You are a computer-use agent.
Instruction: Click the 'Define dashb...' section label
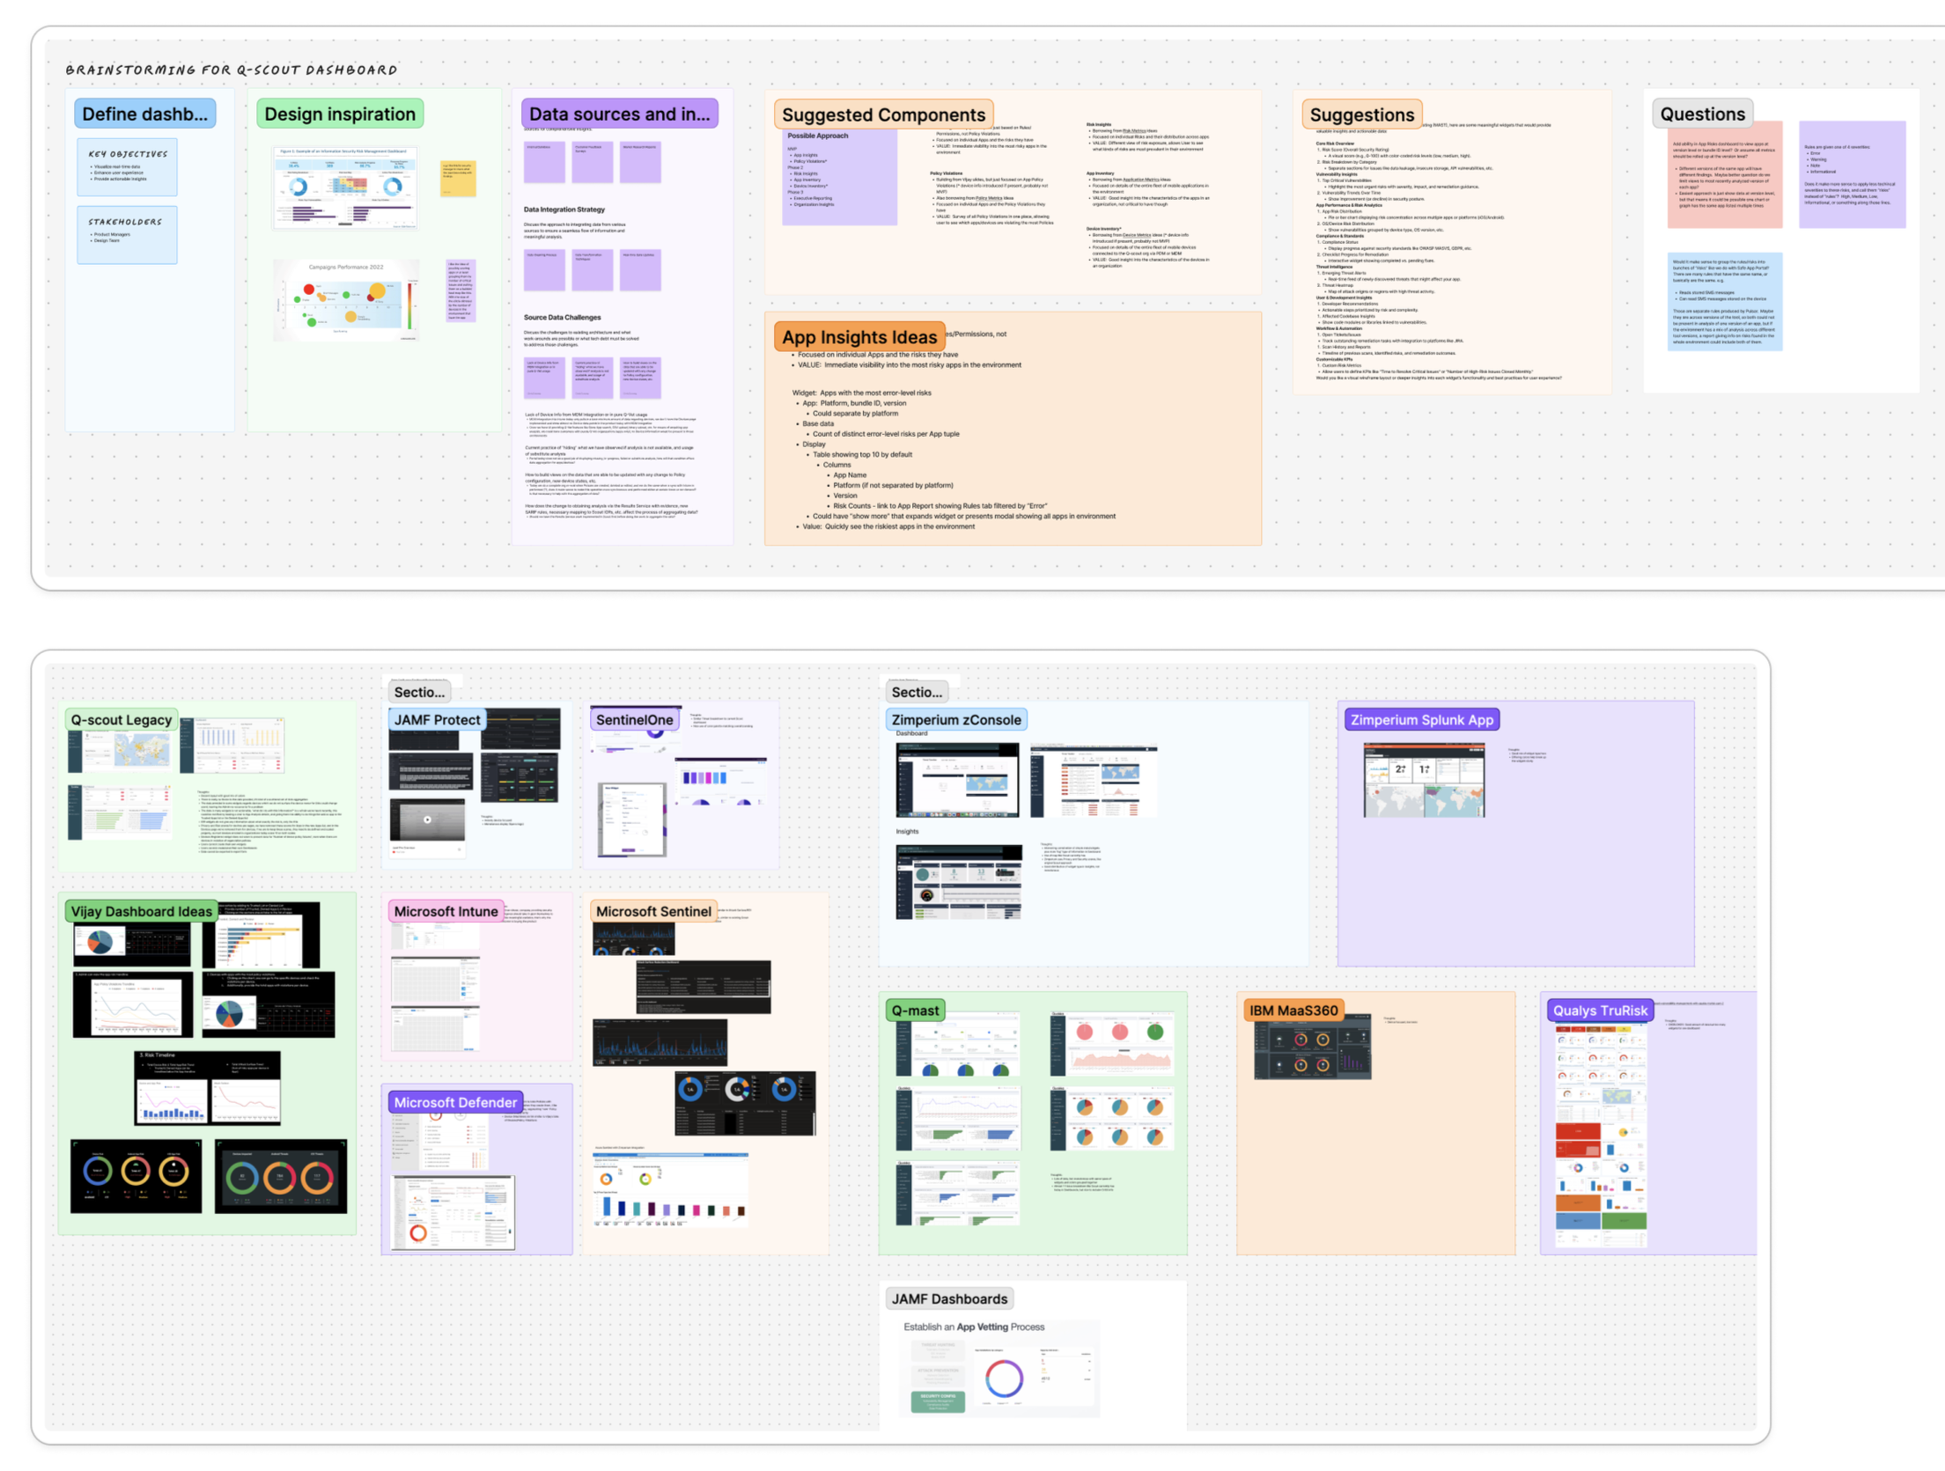point(144,114)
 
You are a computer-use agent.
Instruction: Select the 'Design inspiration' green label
point(340,114)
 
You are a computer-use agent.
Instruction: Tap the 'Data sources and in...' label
point(619,114)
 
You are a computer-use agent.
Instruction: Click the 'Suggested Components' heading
point(883,115)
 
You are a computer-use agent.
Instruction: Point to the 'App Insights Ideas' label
point(859,337)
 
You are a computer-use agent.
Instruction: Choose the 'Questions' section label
point(1702,114)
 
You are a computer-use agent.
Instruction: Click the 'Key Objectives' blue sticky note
point(127,166)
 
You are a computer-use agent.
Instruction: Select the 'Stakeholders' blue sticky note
point(127,234)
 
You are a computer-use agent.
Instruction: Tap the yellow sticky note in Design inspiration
point(458,179)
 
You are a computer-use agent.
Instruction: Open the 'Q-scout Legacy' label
point(122,720)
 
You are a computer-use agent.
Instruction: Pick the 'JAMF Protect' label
point(437,720)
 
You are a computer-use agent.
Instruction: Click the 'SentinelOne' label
point(634,720)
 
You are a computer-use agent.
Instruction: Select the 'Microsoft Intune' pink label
point(446,912)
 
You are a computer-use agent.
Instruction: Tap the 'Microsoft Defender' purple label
point(455,1103)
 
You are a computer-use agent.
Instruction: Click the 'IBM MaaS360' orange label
point(1293,1011)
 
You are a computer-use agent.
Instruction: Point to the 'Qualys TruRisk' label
point(1599,1011)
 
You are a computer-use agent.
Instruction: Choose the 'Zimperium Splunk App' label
point(1422,720)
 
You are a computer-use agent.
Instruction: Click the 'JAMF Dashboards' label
point(949,1299)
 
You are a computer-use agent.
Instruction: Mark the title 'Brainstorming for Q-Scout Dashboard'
point(232,70)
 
